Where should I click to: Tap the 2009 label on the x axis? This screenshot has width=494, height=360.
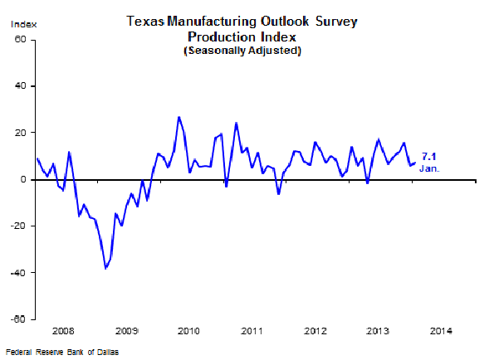pyautogui.click(x=127, y=330)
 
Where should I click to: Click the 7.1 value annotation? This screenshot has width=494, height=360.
pyautogui.click(x=429, y=156)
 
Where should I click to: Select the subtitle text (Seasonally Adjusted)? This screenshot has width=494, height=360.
pyautogui.click(x=242, y=51)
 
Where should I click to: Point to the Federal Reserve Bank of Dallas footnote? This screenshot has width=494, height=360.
pyautogui.click(x=61, y=353)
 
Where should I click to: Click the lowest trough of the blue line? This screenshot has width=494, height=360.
pyautogui.click(x=105, y=268)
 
